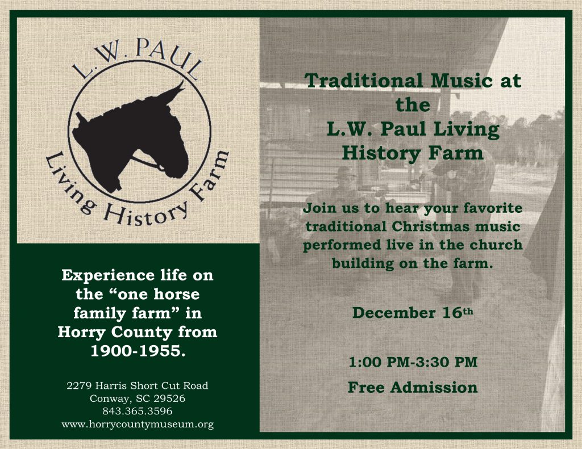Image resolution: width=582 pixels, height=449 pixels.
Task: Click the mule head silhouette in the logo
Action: (130, 137)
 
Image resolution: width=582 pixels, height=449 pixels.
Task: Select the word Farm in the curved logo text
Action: (210, 174)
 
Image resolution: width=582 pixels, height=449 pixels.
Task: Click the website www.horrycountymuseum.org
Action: (138, 424)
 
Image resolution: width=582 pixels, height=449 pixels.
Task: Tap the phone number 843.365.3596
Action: (138, 411)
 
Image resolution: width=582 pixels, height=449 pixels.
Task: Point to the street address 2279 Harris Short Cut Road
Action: (138, 385)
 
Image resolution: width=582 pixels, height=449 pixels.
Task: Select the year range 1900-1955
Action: (138, 351)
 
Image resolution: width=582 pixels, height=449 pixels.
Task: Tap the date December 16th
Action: (413, 312)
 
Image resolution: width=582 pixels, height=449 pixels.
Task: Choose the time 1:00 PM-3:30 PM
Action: (413, 362)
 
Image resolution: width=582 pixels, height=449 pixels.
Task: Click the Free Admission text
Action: (413, 388)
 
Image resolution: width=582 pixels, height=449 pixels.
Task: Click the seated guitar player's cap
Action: (346, 171)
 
